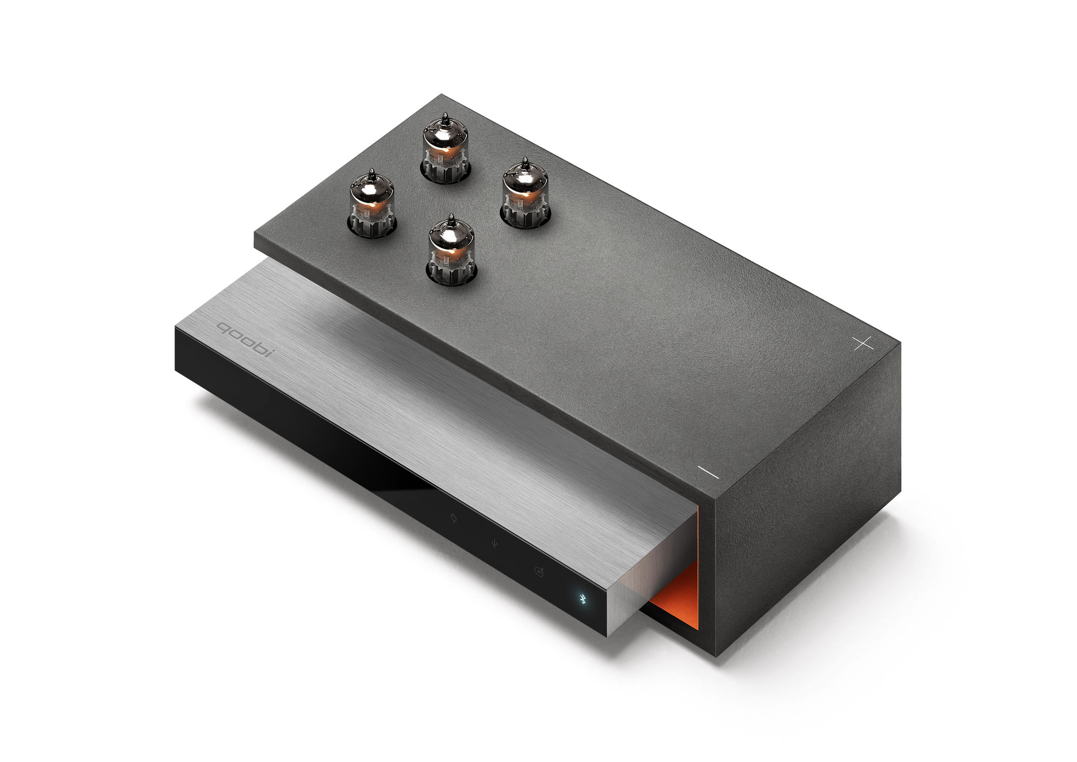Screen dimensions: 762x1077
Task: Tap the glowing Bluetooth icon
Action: (584, 599)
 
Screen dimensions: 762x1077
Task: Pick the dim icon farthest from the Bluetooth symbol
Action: (453, 519)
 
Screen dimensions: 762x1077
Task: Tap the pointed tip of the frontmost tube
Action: (451, 218)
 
